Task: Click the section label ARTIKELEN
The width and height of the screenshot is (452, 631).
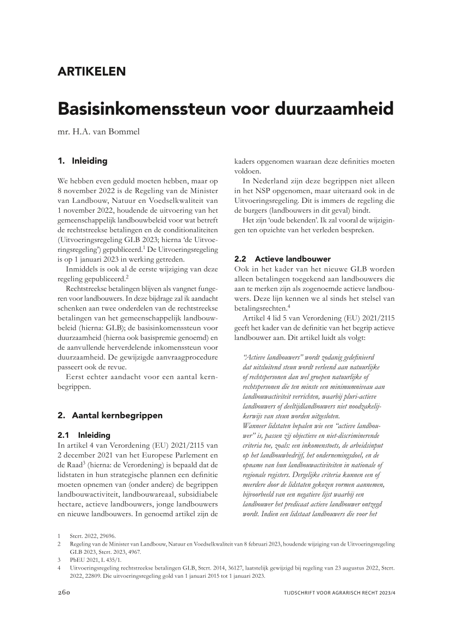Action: tap(91, 71)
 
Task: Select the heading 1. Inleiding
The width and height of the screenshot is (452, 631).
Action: tap(83, 161)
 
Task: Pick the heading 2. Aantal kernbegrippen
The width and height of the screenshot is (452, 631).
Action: tap(110, 416)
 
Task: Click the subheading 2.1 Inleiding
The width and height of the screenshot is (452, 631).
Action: tap(84, 435)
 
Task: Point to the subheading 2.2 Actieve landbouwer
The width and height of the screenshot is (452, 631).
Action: tap(282, 259)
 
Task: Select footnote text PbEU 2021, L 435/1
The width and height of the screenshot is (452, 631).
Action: tap(90, 559)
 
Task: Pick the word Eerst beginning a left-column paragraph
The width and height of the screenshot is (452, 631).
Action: tap(76, 376)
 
